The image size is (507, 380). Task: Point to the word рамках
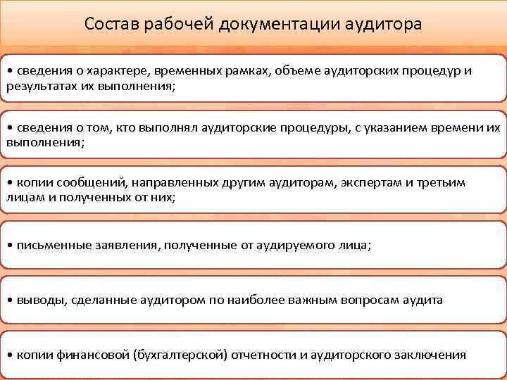coord(252,71)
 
